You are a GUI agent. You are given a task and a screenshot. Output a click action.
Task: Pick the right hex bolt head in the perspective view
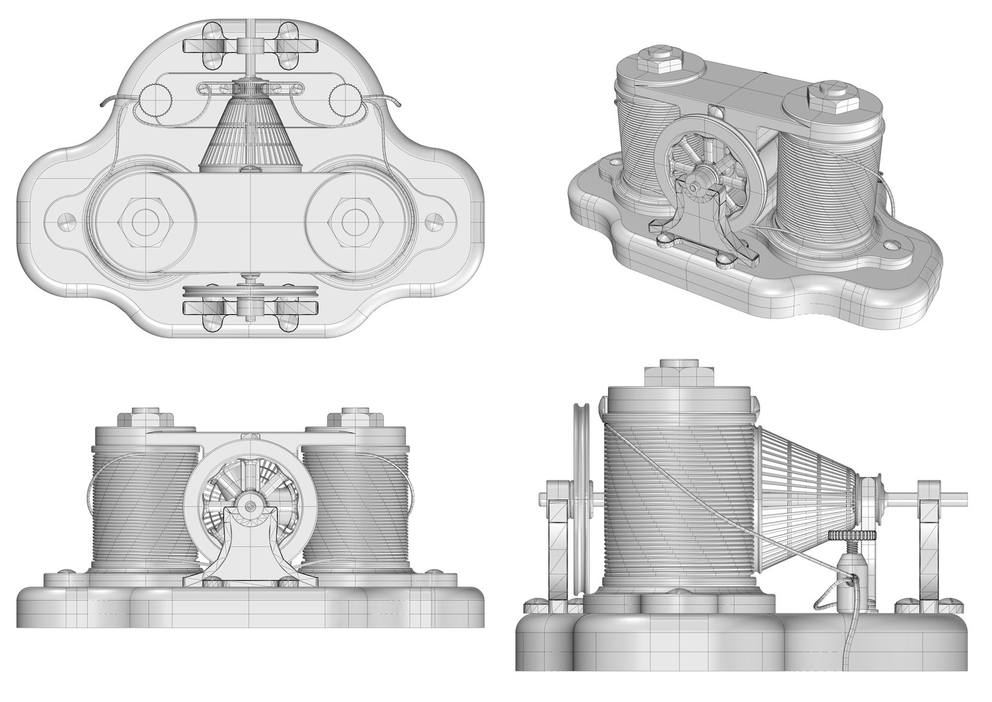pos(826,93)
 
